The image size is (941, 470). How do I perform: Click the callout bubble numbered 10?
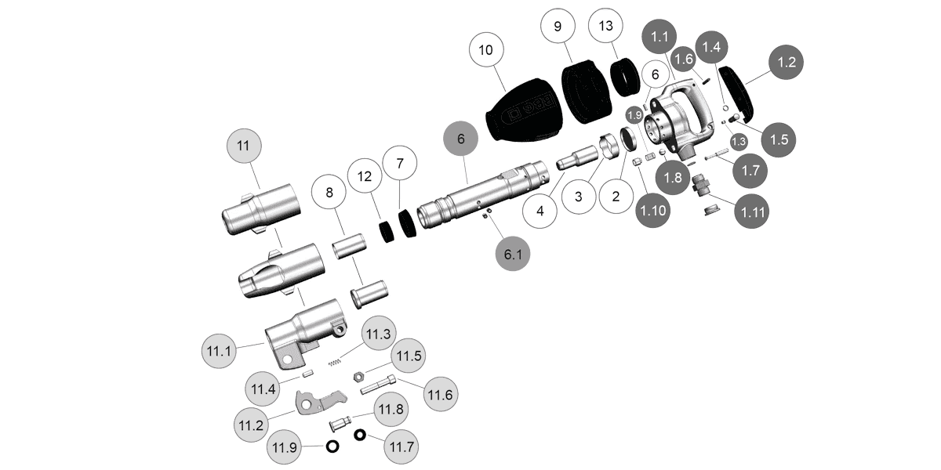tap(485, 49)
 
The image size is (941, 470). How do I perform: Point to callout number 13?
tap(605, 26)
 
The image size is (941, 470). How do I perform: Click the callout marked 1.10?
tap(653, 210)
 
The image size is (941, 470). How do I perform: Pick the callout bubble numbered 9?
tap(558, 26)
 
